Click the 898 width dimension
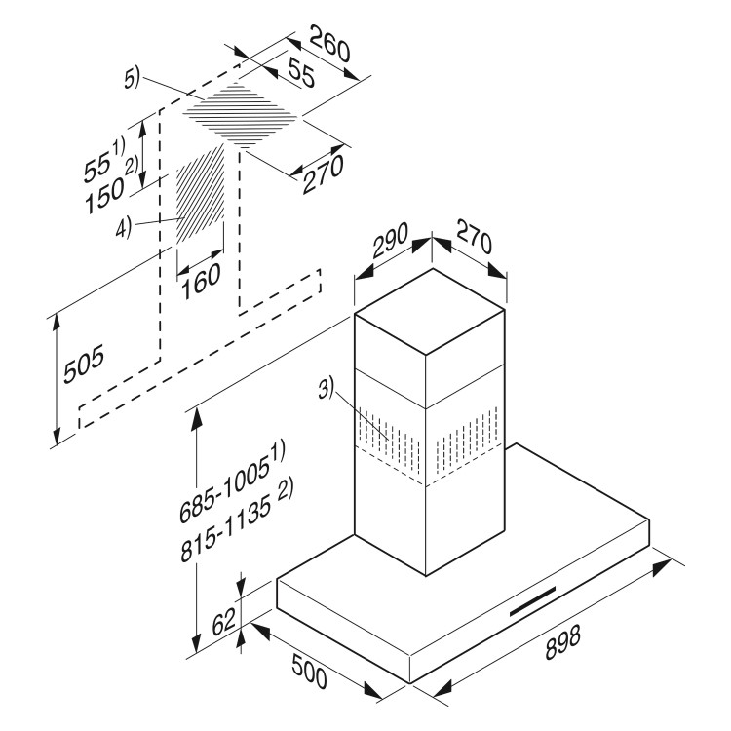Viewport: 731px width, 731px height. tap(563, 642)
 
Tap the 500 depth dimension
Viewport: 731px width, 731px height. tap(309, 671)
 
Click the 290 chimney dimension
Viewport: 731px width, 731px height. tap(391, 241)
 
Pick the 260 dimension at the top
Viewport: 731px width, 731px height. tap(329, 44)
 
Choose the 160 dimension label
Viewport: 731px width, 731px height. tap(201, 281)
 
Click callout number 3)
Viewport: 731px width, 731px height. tap(327, 389)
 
